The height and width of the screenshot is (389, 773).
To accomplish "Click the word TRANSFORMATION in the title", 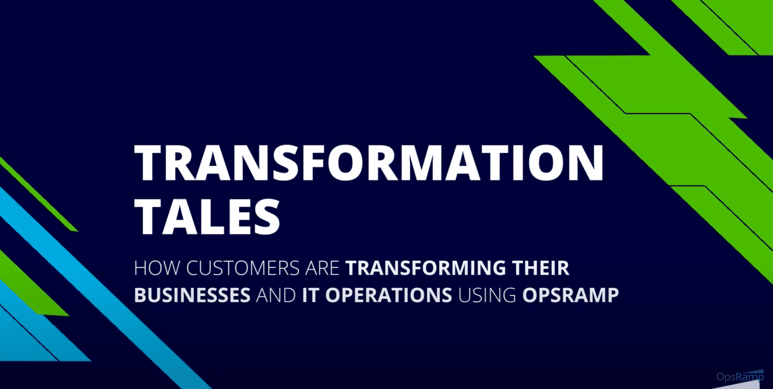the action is click(369, 162).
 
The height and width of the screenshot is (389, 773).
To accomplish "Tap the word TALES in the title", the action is click(207, 217).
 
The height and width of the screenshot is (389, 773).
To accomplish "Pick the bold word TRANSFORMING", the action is click(426, 268).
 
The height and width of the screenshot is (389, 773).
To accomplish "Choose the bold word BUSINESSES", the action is click(192, 295).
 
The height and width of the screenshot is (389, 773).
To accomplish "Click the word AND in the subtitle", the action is click(276, 295).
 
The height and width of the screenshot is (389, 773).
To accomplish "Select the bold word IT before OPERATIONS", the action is click(310, 295).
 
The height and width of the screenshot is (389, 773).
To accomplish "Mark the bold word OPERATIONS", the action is click(389, 295).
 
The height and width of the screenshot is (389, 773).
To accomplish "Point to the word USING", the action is click(487, 295).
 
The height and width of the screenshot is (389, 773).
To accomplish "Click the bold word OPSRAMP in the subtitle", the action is click(570, 295).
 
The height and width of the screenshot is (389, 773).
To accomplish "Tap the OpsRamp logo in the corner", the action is click(740, 376).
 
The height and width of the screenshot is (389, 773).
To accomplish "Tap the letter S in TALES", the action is click(265, 217).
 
